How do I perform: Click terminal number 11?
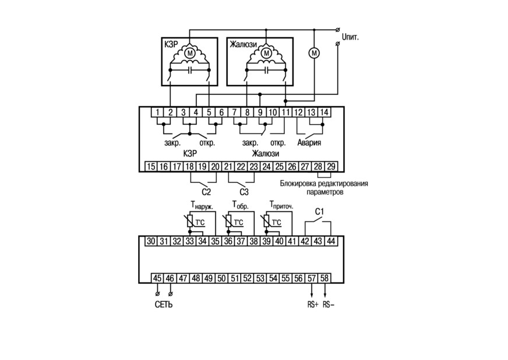(x=285, y=112)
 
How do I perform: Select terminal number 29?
(x=331, y=166)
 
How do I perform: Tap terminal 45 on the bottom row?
(x=157, y=278)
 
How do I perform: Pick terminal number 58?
(x=324, y=278)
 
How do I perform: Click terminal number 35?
(x=215, y=241)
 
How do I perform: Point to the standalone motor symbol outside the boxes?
(x=313, y=52)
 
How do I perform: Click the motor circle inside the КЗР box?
(x=190, y=52)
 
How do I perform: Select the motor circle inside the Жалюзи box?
(x=266, y=52)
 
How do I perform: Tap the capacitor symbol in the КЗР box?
(x=189, y=70)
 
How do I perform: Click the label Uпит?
(x=350, y=37)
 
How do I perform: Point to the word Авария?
(x=309, y=143)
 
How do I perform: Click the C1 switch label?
(x=319, y=211)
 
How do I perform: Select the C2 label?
(x=206, y=192)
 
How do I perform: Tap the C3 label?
(x=244, y=192)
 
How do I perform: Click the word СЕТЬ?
(x=164, y=305)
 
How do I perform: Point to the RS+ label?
(x=313, y=305)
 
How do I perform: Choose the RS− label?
(x=329, y=305)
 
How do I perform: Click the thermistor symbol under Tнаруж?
(x=190, y=221)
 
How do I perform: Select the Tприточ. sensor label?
(x=281, y=205)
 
